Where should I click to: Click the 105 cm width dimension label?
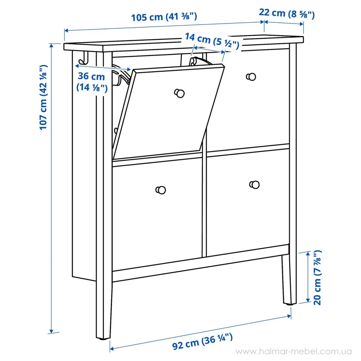[164, 17]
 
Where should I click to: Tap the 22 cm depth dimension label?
[287, 14]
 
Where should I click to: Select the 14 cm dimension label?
[212, 41]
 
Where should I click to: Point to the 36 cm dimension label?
[92, 82]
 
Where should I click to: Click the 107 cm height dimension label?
[43, 97]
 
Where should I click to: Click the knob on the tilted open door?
[180, 93]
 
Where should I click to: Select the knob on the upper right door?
[251, 77]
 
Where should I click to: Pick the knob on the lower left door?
[161, 190]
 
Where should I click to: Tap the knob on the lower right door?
[255, 185]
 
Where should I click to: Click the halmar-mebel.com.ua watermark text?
[294, 351]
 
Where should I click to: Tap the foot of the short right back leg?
[287, 304]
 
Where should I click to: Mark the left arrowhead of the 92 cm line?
[112, 349]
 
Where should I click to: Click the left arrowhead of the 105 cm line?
[67, 30]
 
